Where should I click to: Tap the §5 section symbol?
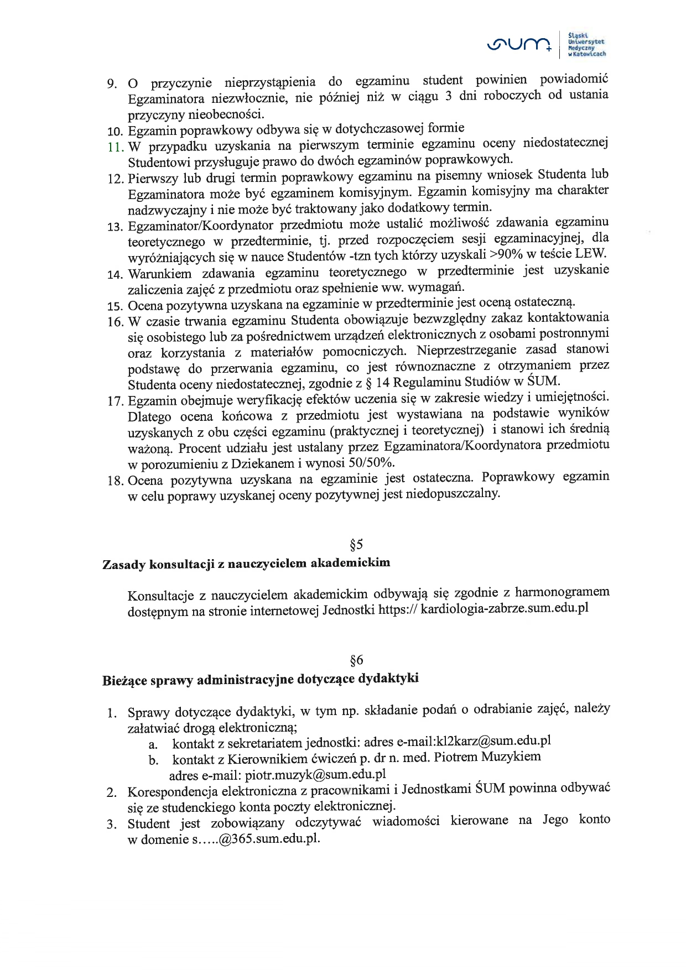(x=356, y=545)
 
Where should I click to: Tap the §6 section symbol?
(x=356, y=660)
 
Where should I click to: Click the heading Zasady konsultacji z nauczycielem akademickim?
(x=246, y=564)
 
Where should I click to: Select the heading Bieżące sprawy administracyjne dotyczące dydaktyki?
(x=260, y=679)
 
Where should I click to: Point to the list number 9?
(x=112, y=84)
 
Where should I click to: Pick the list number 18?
(x=115, y=481)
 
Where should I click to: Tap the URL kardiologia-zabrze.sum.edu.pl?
(x=504, y=609)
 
